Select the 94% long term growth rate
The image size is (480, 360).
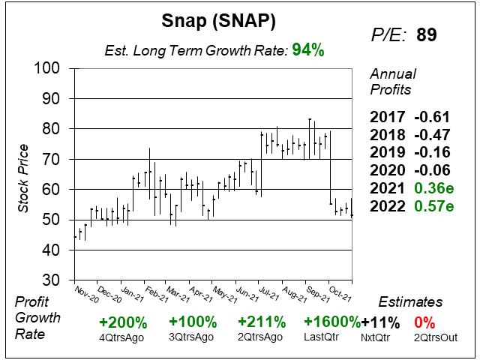coord(308,50)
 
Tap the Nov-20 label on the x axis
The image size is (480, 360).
coord(85,293)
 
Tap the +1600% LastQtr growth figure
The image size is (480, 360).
coord(332,322)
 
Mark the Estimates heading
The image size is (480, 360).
coord(409,302)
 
